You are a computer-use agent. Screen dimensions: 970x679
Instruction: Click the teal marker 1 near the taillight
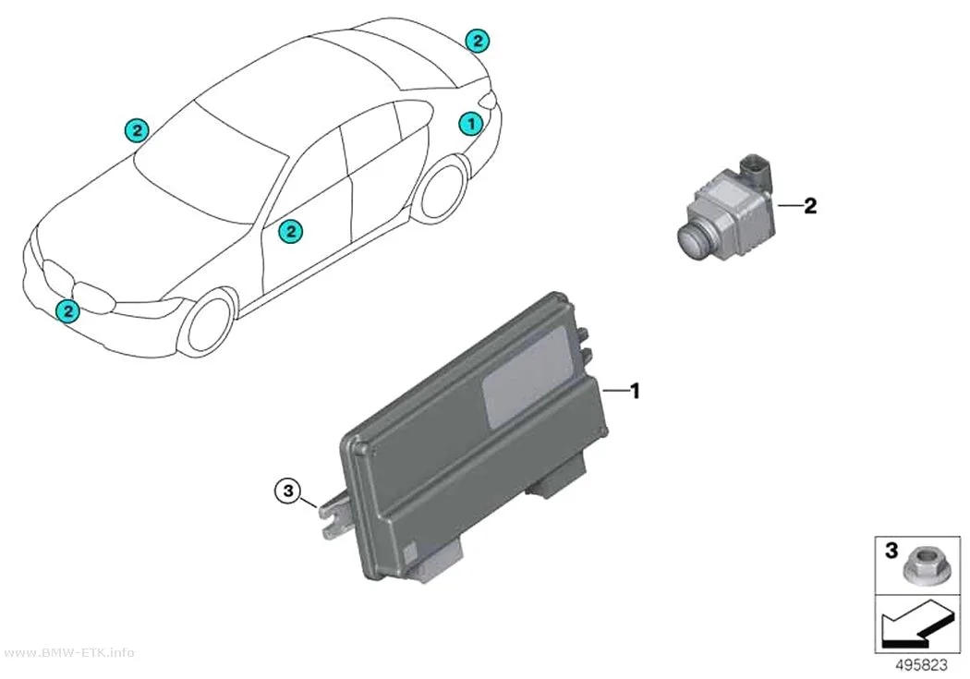coord(471,124)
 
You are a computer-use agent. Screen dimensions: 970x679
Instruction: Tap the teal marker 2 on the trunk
coord(477,41)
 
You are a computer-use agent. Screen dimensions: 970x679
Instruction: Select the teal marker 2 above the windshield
coord(137,130)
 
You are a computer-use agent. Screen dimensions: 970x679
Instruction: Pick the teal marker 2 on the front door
coord(290,232)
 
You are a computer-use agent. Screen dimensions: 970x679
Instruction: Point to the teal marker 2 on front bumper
coord(67,310)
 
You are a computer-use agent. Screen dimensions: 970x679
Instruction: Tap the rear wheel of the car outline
coord(441,188)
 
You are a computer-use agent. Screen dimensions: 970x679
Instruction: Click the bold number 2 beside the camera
coord(810,205)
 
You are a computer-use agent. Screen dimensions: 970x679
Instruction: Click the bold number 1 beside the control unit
coord(634,391)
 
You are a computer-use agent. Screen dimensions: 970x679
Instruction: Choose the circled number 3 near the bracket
coord(287,491)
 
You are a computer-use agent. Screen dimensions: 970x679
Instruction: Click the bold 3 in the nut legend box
coord(891,550)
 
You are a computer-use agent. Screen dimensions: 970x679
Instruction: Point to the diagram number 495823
coord(921,665)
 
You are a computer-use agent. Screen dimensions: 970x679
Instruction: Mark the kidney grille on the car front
coord(79,286)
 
